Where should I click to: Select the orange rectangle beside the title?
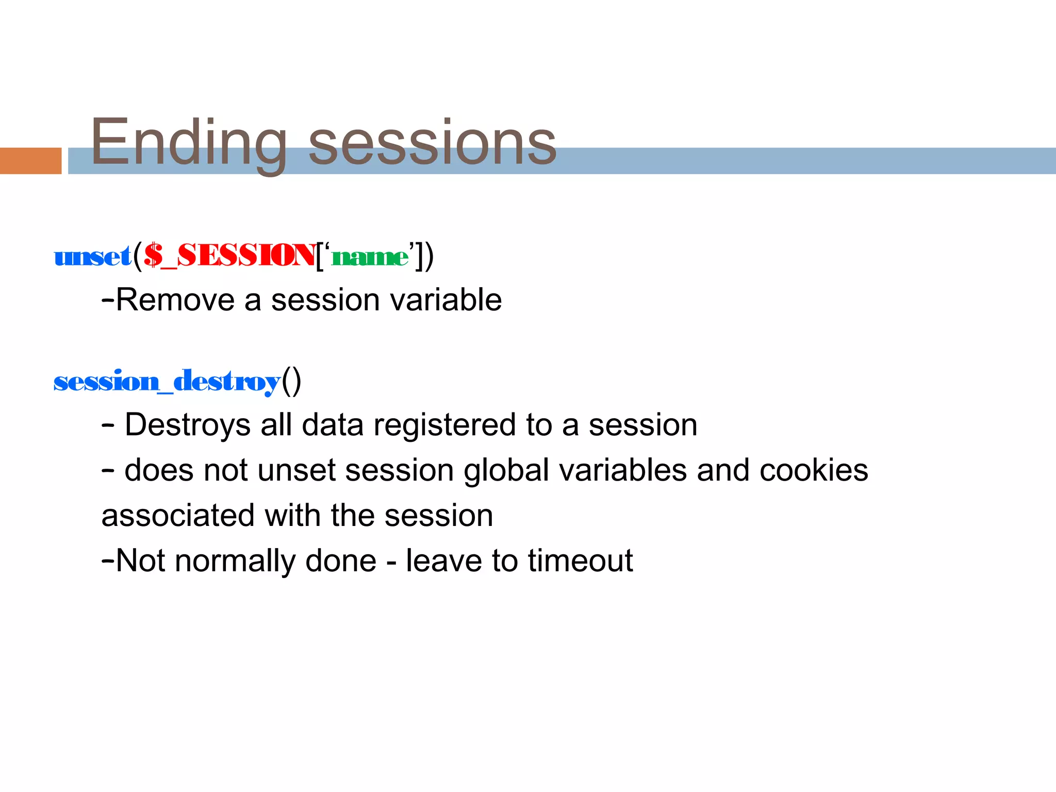click(30, 160)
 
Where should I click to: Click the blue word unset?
click(93, 256)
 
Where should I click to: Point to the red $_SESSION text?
click(230, 256)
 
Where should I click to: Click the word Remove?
click(175, 300)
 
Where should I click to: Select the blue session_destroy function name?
click(167, 382)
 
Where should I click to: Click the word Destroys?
click(187, 425)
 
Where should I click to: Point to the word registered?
click(444, 425)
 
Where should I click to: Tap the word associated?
click(178, 516)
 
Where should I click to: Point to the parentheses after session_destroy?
click(291, 382)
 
